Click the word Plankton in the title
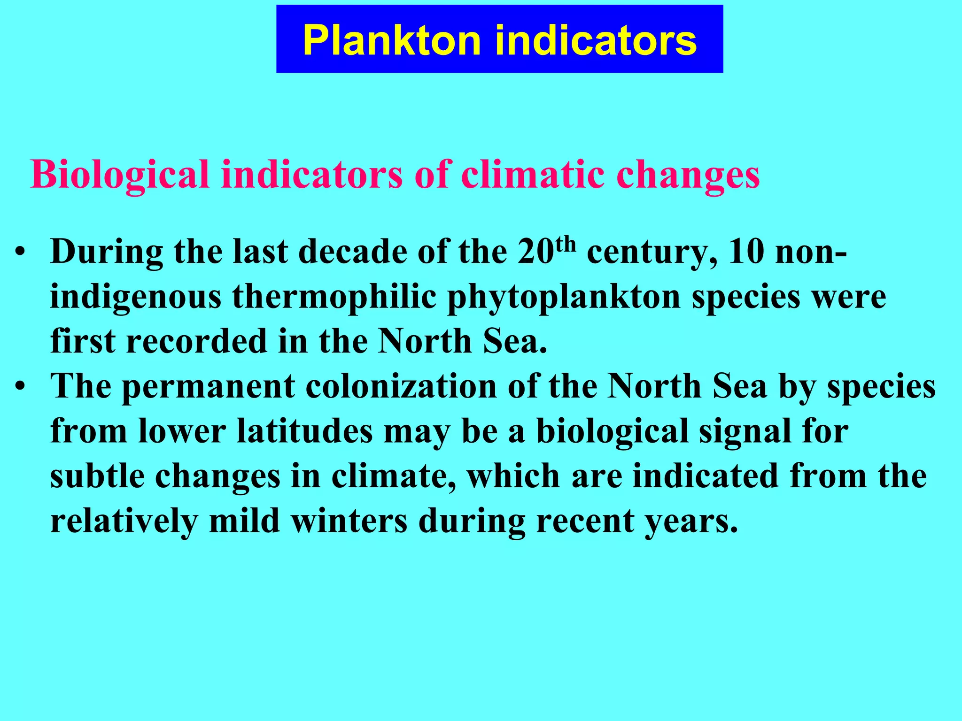pos(392,40)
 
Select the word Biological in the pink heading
pos(119,175)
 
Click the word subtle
pos(97,476)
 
